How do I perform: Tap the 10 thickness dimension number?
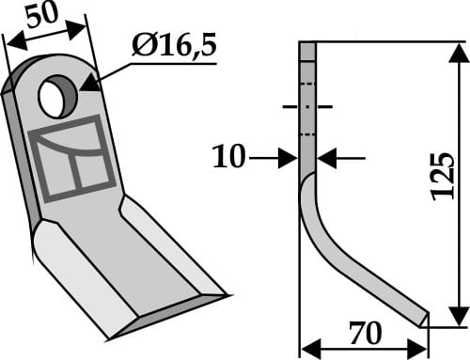[x=227, y=158]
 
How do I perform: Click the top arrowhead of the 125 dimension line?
[x=457, y=49]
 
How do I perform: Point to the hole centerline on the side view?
[x=307, y=107]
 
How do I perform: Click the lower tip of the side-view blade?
[x=425, y=318]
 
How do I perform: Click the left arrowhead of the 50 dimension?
[x=11, y=39]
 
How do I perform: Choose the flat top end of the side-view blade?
[x=308, y=43]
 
